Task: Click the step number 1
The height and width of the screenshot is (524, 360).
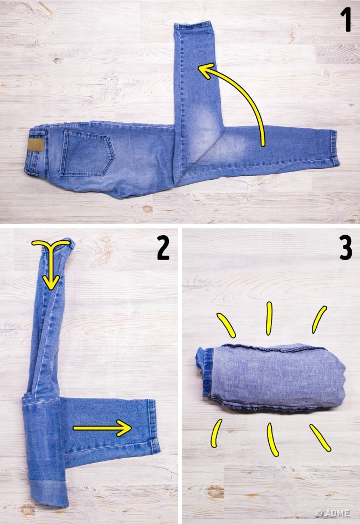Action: coord(346,20)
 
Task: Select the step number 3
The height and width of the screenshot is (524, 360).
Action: coord(346,248)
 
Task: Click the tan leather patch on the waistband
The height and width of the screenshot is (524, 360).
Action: coord(37,146)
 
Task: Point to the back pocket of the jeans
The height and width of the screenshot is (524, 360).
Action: coord(86,153)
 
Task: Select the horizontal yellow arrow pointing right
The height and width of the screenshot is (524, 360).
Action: coord(102,428)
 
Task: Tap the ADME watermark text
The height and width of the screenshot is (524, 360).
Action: coord(332,513)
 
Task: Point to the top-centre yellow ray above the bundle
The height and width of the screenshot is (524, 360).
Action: coord(269,319)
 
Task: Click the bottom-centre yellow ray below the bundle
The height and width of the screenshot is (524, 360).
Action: coord(272,439)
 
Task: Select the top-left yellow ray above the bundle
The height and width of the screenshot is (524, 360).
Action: coord(226,325)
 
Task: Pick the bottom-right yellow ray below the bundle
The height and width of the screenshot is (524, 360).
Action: coord(320,438)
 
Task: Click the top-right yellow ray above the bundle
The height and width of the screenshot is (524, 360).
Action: coord(319,319)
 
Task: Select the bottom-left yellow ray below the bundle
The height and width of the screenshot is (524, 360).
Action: coord(216,433)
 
